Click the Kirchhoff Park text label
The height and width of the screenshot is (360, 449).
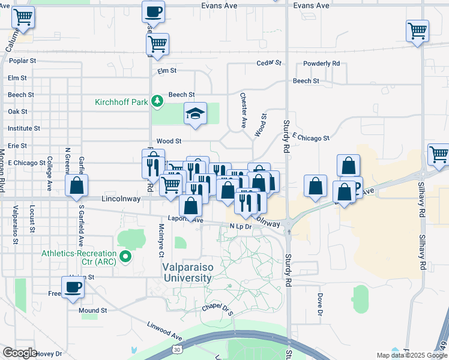pyautogui.click(x=121, y=102)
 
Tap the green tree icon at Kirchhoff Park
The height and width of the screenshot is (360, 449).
pyautogui.click(x=157, y=101)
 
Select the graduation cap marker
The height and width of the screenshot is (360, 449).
pyautogui.click(x=195, y=115)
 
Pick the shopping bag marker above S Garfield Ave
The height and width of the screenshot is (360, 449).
pyautogui.click(x=77, y=186)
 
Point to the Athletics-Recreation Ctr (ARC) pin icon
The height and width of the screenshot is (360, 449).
pyautogui.click(x=125, y=257)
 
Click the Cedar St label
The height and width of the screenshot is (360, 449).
pyautogui.click(x=268, y=62)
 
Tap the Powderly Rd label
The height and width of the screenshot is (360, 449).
pyautogui.click(x=322, y=64)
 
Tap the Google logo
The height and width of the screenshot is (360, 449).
pyautogui.click(x=20, y=353)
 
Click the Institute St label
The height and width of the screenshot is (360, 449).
pyautogui.click(x=23, y=128)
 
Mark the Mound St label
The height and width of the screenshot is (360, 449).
pyautogui.click(x=92, y=311)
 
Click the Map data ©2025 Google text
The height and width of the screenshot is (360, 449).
pyautogui.click(x=411, y=355)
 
